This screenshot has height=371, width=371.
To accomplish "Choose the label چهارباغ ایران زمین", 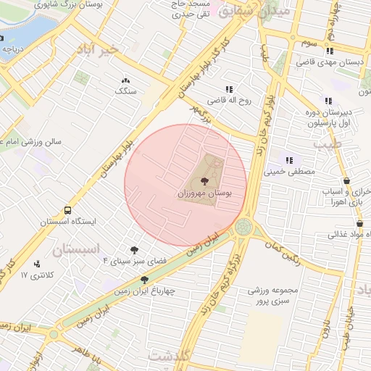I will coord(145,292).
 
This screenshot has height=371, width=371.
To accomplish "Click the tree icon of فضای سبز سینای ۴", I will coord(134,250).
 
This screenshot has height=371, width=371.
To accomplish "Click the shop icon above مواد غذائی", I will coord(339,224).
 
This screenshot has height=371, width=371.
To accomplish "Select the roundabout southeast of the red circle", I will coord(244,228).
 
